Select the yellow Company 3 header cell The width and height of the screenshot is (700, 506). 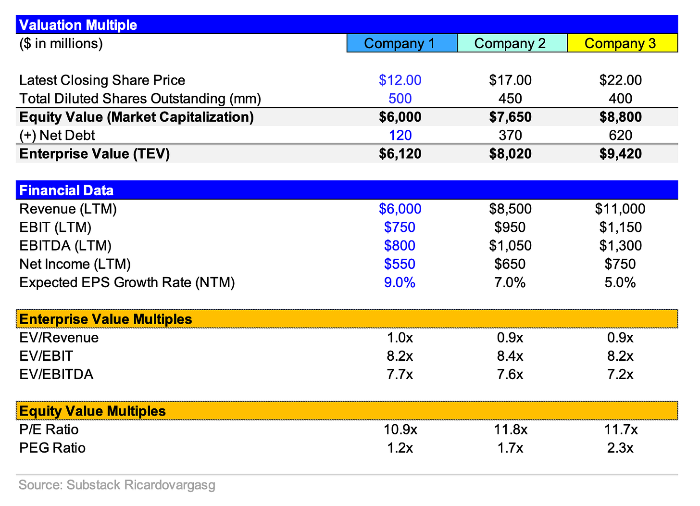coord(620,43)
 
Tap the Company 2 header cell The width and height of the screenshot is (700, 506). coord(510,43)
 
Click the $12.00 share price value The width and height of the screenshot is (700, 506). coord(400,80)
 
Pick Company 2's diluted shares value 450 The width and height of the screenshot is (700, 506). coord(510,99)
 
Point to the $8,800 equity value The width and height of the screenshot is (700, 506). coord(620,117)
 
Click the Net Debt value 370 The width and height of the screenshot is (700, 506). coord(510,136)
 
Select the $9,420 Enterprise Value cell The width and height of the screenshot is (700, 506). coord(620,154)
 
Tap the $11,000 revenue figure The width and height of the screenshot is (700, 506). coord(620,209)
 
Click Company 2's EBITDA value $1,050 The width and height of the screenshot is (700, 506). coord(510,246)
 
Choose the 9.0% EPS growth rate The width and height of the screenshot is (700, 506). coord(400,282)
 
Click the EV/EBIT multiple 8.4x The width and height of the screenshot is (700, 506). coord(510,356)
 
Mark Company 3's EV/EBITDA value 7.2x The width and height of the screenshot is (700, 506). coord(620,374)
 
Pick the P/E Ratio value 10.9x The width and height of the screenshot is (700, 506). coord(400,430)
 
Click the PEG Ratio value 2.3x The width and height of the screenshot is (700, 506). coord(620,448)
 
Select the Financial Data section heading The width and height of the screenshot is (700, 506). coord(66,190)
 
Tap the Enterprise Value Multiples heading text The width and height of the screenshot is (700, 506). coord(106,319)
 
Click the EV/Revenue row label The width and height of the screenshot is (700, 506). coord(59,338)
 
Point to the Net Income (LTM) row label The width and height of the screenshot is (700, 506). coord(75,264)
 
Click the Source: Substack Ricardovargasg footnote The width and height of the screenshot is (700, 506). coord(117,485)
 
